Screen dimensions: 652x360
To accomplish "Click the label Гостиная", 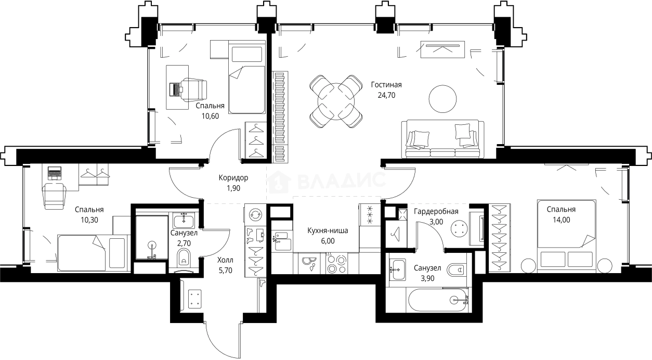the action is tap(386, 85).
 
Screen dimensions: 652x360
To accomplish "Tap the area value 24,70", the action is tap(386, 95).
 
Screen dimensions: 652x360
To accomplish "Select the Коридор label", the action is tap(233, 178).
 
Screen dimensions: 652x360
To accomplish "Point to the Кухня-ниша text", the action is tap(328, 230).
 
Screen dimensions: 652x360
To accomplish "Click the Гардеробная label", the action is tap(436, 211).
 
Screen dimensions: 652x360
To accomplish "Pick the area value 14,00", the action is tap(562, 220).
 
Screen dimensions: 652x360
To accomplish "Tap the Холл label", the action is tap(225, 260).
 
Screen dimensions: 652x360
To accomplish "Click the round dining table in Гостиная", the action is tap(336, 101).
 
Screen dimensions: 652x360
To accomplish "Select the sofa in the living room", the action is tap(442, 139).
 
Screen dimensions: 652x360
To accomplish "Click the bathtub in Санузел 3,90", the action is tap(438, 300).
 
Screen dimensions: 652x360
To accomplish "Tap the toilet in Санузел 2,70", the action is tap(184, 259).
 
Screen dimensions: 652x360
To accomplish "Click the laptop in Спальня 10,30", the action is tap(55, 172).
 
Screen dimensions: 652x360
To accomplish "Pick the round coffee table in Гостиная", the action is tap(442, 99).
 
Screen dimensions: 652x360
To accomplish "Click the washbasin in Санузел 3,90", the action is tap(397, 269).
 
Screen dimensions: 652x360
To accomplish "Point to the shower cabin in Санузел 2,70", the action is tap(152, 237).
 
